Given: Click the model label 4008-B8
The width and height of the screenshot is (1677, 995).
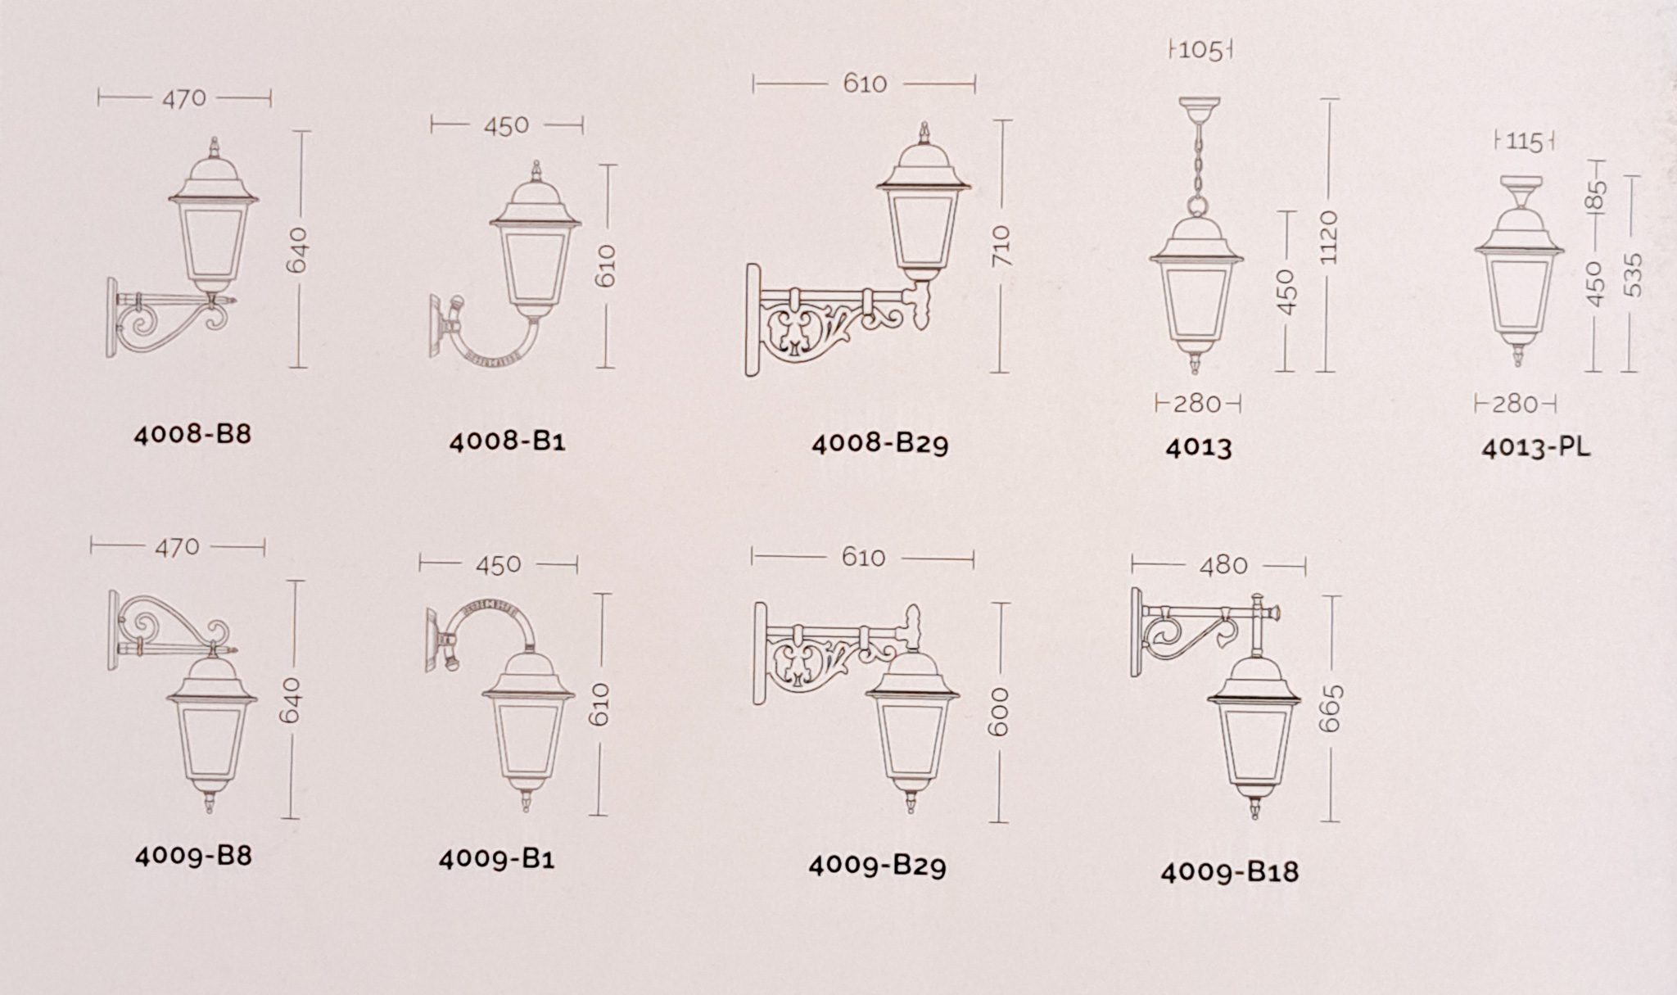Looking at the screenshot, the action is [192, 433].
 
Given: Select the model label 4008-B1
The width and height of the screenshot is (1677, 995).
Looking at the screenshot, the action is [507, 441].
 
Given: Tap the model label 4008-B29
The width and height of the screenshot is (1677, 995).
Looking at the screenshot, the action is [879, 444].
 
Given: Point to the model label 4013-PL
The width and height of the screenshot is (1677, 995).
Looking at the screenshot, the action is [1535, 448].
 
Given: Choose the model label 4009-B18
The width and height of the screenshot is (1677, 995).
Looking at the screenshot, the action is [1229, 872].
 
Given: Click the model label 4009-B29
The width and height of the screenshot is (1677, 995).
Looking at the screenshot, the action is [877, 866].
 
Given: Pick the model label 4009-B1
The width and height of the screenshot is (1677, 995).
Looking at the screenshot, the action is [496, 859].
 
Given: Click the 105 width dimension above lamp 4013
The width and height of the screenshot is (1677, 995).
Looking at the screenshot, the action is [1200, 51].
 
